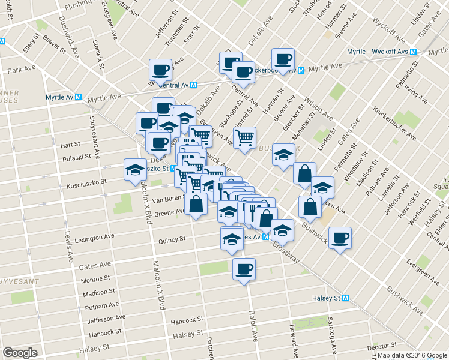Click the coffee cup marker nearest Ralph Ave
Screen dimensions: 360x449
click(244, 269)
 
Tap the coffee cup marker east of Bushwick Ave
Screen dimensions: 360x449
click(340, 238)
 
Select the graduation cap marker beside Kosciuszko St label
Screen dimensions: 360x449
click(136, 169)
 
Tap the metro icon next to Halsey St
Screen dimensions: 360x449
click(345, 298)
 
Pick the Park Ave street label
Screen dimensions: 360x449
click(22, 70)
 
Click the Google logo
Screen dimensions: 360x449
click(20, 353)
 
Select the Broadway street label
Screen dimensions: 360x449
click(285, 251)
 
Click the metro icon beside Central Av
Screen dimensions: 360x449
click(192, 85)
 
